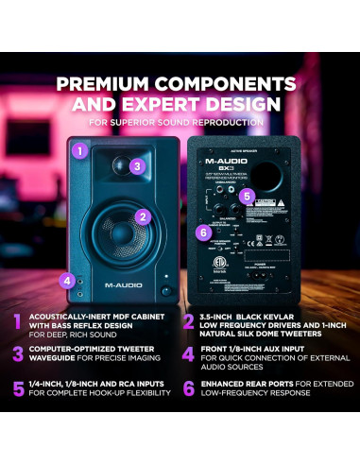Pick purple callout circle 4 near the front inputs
(66, 280)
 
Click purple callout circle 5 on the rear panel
(246, 197)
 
